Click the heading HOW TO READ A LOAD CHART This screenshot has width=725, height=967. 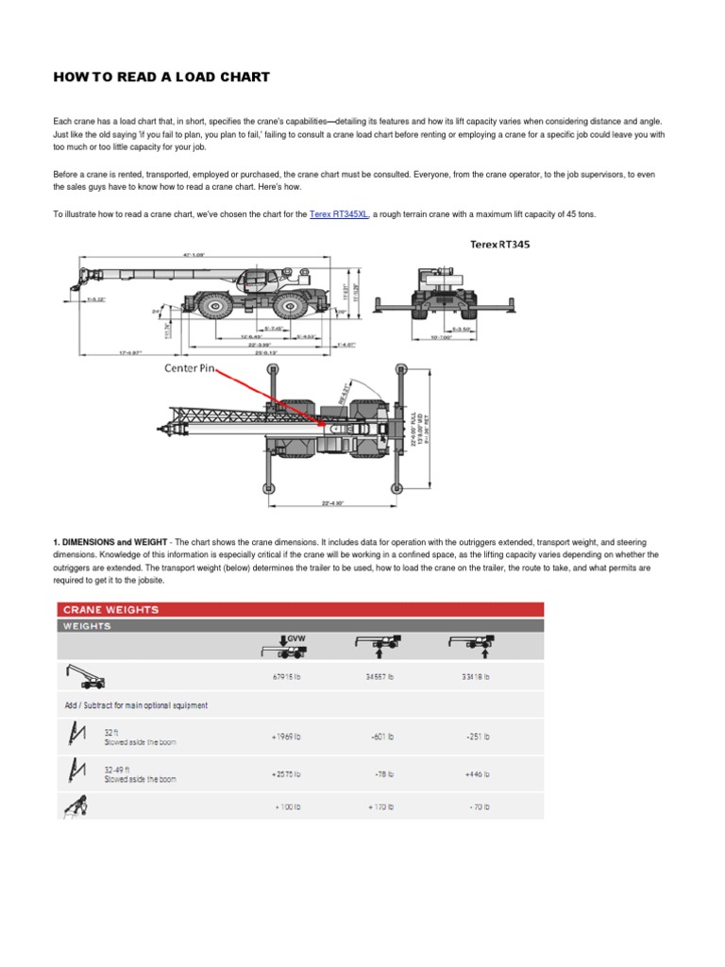pos(161,76)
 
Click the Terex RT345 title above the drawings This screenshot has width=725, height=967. pos(500,244)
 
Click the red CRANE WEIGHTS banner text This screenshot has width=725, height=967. pos(111,609)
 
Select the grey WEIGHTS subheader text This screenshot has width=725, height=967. pos(87,625)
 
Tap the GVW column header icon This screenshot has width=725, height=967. pos(282,646)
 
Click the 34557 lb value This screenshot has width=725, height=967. pos(379,676)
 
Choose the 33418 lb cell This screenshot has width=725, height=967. pos(476,676)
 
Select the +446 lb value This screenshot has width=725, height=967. pos(476,774)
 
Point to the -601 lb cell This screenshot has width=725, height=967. pos(380,736)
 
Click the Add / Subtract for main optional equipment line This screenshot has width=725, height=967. pos(136,705)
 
